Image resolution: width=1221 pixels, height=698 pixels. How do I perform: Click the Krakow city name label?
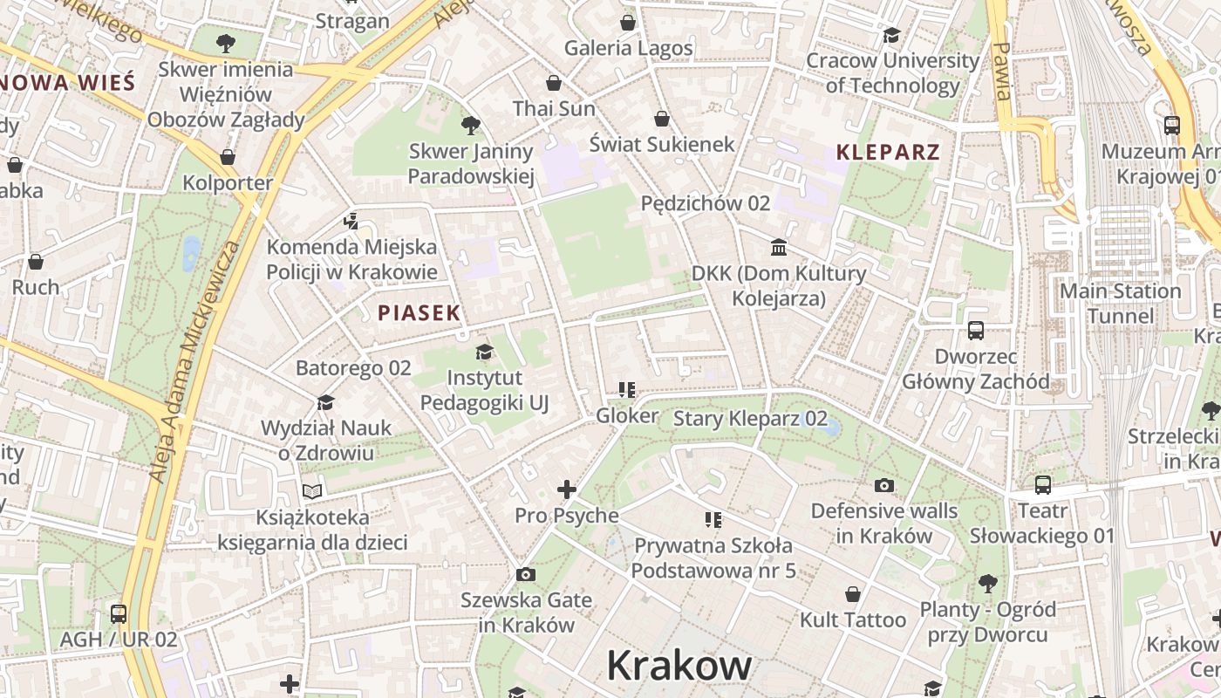coord(679,666)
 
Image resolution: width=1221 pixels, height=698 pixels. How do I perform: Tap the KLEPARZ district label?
coord(888,152)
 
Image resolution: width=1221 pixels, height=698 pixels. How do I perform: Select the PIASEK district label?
coord(419,312)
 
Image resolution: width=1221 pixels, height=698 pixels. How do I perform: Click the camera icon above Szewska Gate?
coord(525,574)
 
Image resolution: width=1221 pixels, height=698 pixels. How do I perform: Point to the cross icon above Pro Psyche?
coord(567,490)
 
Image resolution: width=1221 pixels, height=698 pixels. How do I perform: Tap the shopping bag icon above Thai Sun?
coord(553,84)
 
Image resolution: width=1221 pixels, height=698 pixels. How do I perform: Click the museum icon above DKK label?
coord(779,248)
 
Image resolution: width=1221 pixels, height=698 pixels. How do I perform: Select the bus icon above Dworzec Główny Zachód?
coord(976,331)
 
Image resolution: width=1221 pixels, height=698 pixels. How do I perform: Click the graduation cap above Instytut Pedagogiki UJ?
coord(484,352)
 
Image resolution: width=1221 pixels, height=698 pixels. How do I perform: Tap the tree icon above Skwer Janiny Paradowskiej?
coord(471,126)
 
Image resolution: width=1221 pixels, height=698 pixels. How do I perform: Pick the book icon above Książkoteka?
coord(312,491)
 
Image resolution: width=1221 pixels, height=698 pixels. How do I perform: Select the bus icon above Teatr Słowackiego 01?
coord(1042,485)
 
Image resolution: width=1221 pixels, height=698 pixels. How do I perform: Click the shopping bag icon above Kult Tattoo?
coord(853,594)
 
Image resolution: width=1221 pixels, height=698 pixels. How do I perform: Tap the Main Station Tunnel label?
coord(1120,303)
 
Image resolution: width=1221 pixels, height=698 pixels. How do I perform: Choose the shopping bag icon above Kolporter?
coord(228,158)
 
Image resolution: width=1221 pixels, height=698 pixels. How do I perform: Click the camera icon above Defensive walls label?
coord(884,485)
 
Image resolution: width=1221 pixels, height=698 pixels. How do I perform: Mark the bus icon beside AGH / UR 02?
coord(119,613)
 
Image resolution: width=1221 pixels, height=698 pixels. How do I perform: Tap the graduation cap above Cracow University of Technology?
coord(891,35)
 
